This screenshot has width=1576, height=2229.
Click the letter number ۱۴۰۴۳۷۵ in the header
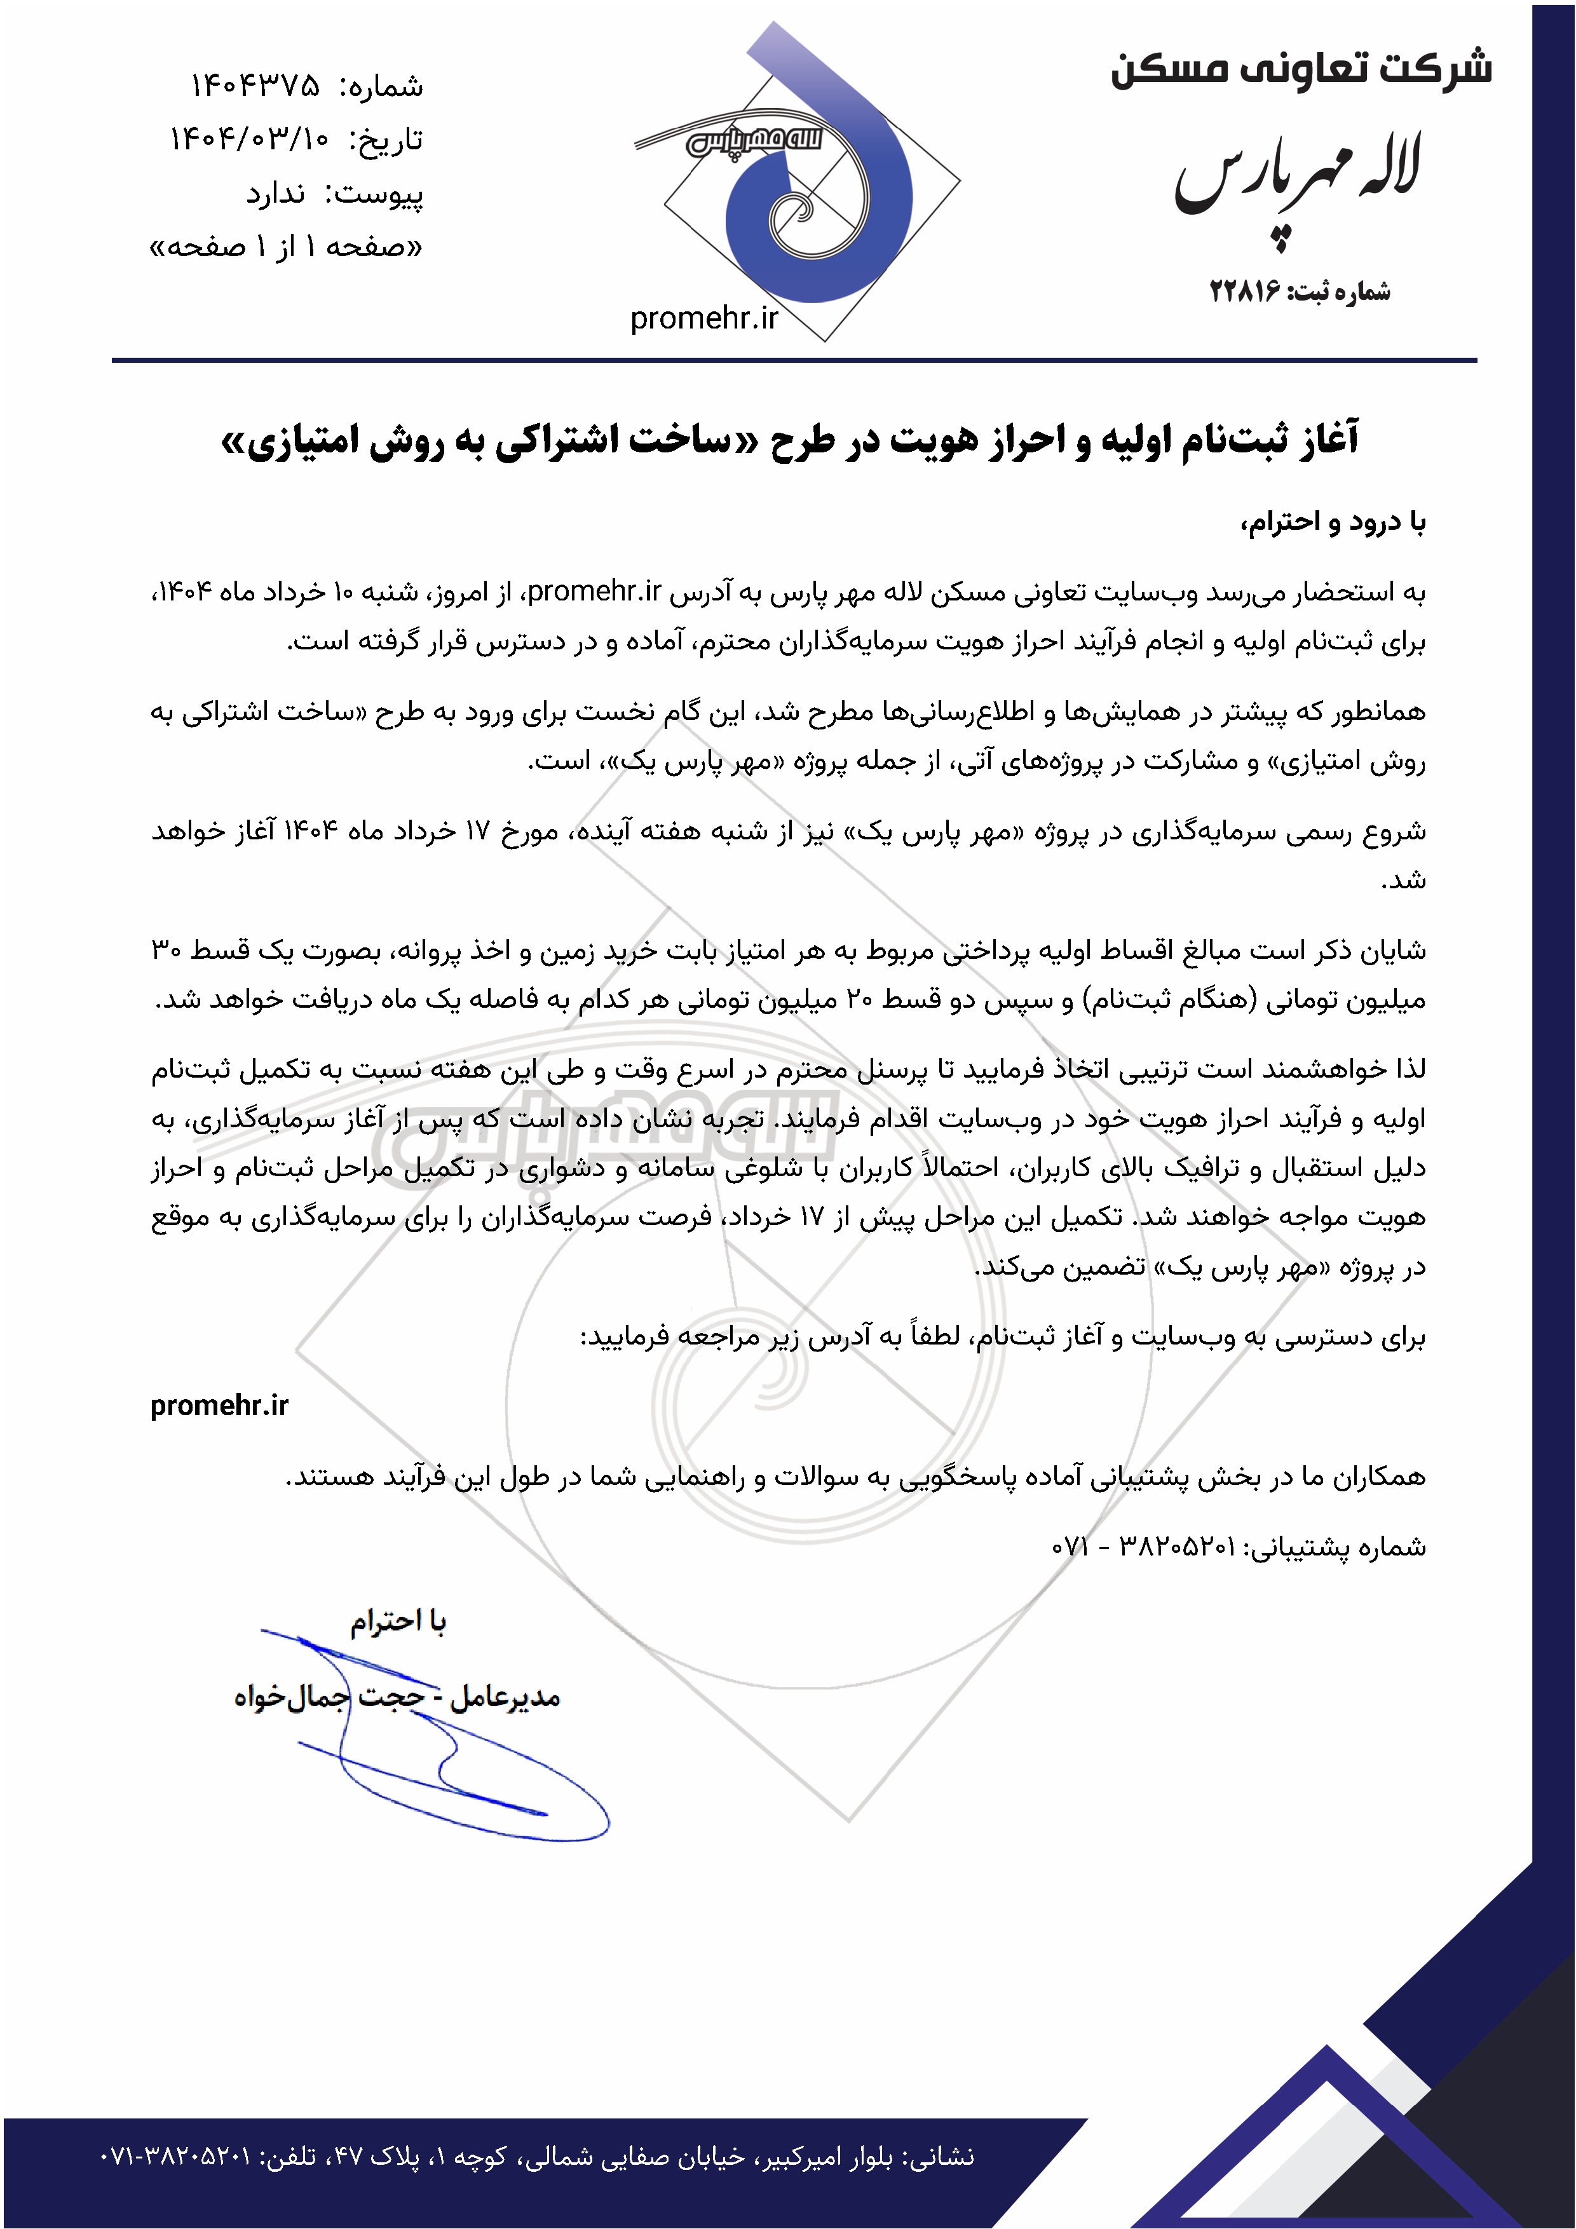pos(254,86)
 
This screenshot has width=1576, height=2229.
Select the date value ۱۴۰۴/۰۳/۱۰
pos(250,140)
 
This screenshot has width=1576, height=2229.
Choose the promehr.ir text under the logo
pos(704,318)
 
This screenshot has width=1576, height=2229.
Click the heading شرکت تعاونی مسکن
pos(1301,68)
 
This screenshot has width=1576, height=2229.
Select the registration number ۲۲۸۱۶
pos(1245,290)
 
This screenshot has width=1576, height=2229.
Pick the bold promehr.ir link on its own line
pos(219,1406)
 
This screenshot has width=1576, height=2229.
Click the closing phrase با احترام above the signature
pos(398,1622)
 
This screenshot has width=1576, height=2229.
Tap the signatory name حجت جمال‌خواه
pos(330,1697)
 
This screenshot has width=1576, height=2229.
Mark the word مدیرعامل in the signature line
pos(505,1697)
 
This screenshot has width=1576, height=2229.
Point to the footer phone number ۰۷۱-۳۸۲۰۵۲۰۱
pos(175,2156)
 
